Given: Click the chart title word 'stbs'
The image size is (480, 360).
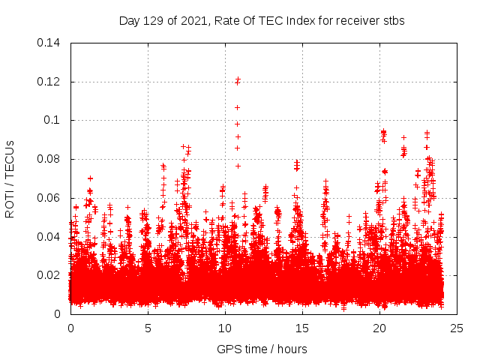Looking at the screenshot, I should (393, 21).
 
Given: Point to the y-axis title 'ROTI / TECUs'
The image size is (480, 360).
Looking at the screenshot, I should (10, 178).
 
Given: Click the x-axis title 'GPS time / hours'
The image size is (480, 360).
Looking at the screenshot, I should (262, 349).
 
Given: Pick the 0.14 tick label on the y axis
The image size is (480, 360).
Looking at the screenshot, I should (49, 43).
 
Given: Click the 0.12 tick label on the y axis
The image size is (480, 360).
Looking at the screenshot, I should (49, 82).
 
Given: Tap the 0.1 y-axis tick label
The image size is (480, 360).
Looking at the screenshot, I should (53, 120).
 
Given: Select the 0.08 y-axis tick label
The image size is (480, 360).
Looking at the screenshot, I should (49, 159).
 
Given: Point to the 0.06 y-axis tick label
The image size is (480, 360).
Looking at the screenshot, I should (49, 198).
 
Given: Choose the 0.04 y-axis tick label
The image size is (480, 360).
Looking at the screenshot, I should (49, 237).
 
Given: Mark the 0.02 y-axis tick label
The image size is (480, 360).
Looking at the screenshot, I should (49, 275).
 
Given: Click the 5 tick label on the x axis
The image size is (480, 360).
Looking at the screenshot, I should (148, 328).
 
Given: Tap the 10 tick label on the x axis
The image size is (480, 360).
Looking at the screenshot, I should (225, 328).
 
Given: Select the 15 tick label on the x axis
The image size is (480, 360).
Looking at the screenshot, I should (302, 328).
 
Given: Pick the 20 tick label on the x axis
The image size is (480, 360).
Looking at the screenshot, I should (379, 328).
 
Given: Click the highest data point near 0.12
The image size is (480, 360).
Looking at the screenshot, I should (238, 79).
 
